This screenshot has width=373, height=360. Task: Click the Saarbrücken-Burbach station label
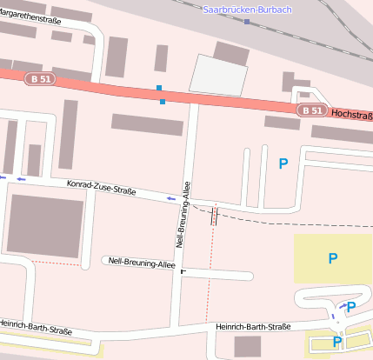247,10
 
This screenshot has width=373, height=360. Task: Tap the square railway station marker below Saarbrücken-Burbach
247,22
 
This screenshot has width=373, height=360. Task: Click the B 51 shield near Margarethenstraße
38,78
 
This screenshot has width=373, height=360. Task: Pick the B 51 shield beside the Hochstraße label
312,110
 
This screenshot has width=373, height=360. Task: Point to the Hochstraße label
351,114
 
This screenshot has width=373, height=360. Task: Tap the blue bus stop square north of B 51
158,88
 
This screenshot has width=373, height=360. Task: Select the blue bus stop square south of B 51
163,102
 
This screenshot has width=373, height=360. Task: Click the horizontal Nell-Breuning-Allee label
142,261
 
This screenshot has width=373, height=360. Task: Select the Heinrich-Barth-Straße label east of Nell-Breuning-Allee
252,327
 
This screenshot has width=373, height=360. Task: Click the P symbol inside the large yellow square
332,258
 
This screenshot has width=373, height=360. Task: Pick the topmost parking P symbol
283,163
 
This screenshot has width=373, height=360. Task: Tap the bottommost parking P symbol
337,342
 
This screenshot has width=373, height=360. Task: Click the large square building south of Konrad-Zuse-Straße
46,223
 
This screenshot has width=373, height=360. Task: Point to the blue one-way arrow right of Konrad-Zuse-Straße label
170,198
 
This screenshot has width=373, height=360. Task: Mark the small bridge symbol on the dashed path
213,216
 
